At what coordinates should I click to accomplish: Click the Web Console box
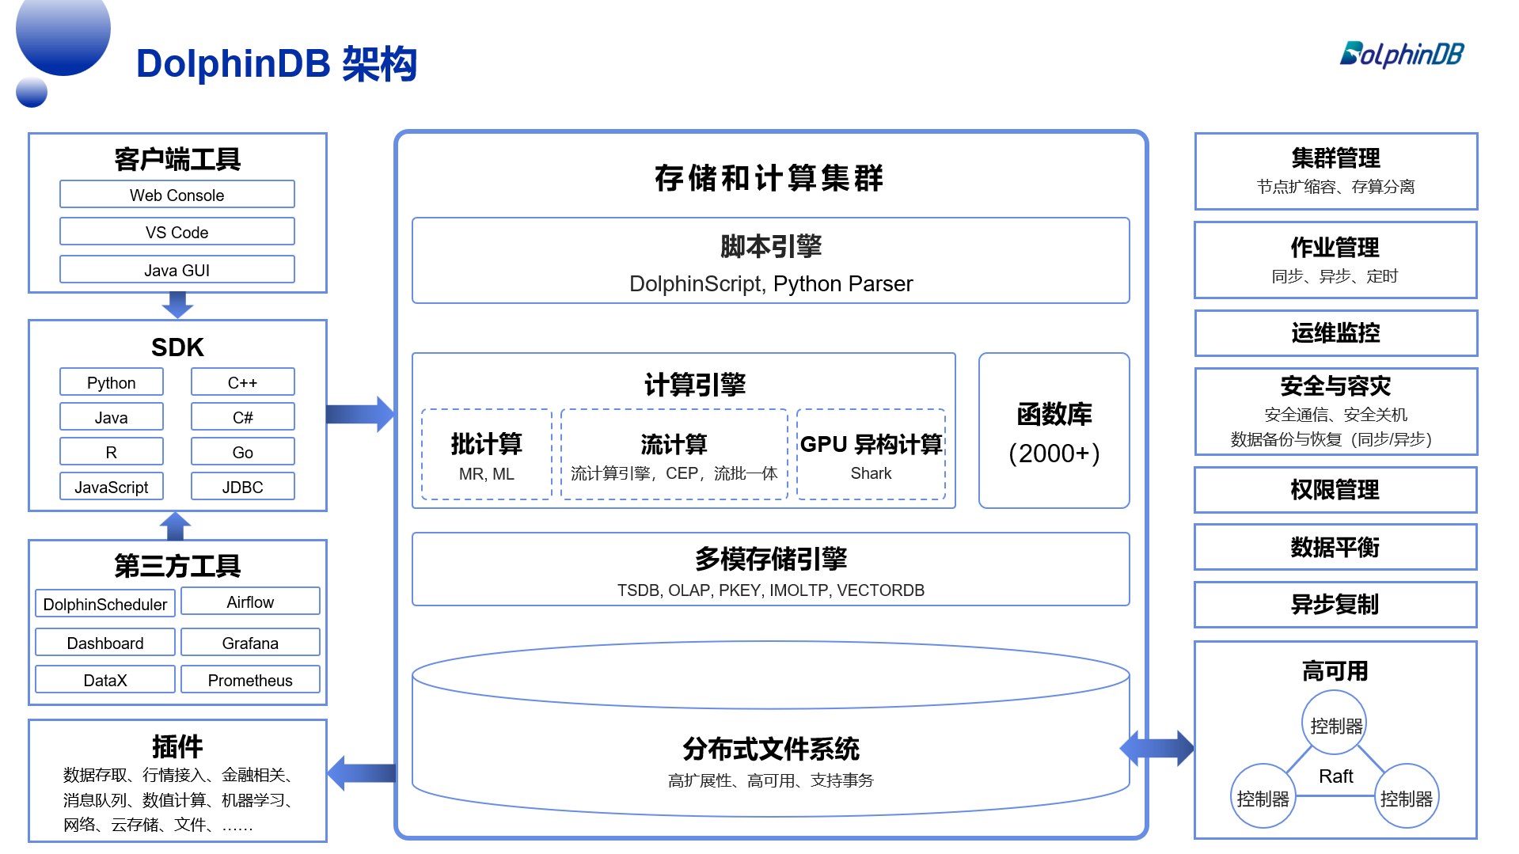(177, 195)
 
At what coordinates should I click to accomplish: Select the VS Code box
(177, 232)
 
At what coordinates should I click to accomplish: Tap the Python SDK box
(112, 382)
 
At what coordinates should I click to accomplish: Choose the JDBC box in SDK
(242, 487)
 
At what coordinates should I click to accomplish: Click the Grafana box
(250, 643)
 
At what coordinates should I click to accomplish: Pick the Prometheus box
(250, 680)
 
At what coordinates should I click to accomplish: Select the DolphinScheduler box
(105, 604)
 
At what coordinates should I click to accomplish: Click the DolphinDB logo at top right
(1401, 54)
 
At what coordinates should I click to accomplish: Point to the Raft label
(1335, 776)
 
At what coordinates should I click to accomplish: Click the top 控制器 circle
(1335, 724)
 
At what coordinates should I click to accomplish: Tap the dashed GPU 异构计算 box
(871, 454)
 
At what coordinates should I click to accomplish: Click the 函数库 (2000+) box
(1054, 431)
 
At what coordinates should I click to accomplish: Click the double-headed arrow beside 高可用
(1156, 748)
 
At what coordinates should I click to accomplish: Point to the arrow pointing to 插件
(361, 772)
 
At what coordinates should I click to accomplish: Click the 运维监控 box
(1335, 333)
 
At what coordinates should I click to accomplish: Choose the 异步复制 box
(1335, 605)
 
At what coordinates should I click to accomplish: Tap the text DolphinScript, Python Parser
(770, 283)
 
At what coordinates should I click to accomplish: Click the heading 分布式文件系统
(770, 749)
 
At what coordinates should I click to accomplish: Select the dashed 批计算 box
(486, 454)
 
